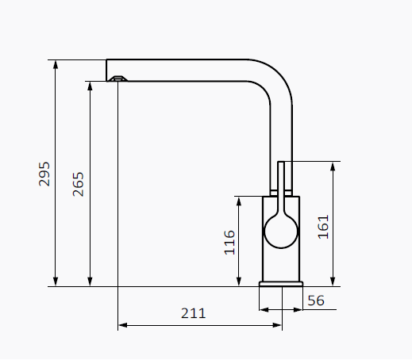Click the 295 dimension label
44,174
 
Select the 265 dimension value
78,184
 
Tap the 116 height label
229,243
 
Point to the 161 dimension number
323,227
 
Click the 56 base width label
316,301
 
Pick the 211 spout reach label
194,313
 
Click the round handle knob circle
281,232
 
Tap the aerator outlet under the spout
118,79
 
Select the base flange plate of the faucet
281,284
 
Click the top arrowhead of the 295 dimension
56,64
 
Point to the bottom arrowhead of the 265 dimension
90,281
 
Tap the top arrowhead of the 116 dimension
239,201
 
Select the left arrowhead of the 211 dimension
122,325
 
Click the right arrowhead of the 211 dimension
277,325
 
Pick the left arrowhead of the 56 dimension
264,309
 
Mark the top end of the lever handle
281,162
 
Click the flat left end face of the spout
106,71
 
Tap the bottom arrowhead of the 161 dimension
333,281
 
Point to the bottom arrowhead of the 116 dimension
239,281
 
